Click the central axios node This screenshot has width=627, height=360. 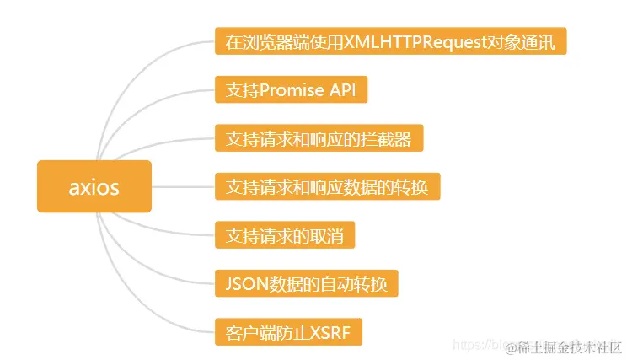pos(94,186)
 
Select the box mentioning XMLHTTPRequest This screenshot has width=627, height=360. pos(390,40)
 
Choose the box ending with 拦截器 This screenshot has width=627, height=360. pos(319,138)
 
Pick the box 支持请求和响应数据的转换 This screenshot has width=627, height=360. pos(327,186)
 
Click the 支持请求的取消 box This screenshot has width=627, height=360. pos(285,234)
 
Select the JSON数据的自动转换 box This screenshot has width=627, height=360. pos(306,283)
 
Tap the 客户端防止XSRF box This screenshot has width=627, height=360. pos(288,331)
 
